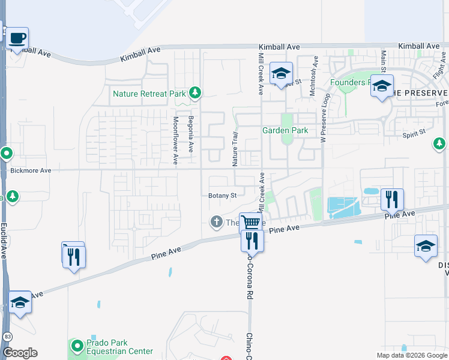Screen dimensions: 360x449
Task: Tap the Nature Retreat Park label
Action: tap(149, 94)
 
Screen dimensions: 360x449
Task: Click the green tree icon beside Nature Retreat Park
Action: tap(194, 92)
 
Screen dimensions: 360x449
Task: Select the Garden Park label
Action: tap(285, 130)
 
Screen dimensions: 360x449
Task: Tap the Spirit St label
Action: tap(414, 133)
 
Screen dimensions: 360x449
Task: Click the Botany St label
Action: tap(223, 195)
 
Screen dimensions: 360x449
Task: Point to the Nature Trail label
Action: tap(235, 149)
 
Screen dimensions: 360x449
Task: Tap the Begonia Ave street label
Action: tap(191, 133)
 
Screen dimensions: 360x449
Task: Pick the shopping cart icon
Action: tap(251, 223)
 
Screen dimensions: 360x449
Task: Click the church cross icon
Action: tap(217, 222)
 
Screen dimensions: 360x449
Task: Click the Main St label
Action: tap(383, 64)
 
